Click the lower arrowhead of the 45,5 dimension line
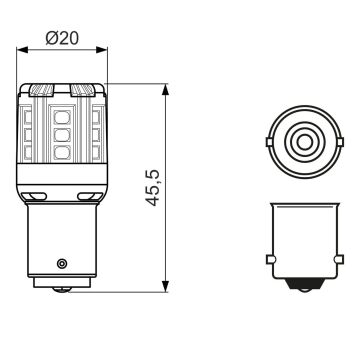[x=162, y=291]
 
